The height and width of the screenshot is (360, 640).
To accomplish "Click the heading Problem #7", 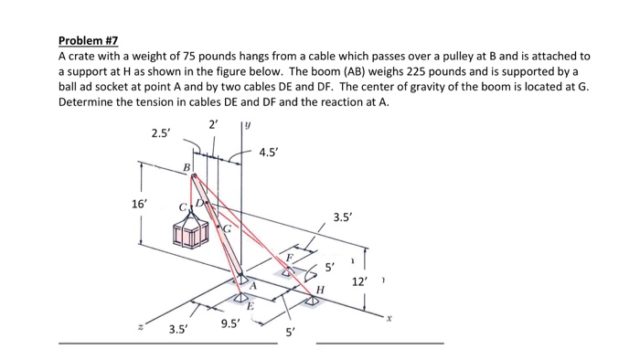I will pyautogui.click(x=88, y=41).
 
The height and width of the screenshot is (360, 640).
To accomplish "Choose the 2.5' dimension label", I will pyautogui.click(x=161, y=133).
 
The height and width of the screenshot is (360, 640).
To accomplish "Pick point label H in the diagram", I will pyautogui.click(x=319, y=290).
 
